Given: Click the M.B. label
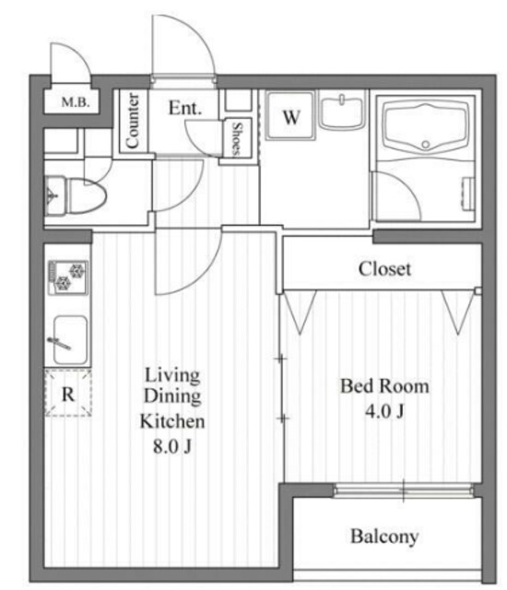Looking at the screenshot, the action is point(76,101).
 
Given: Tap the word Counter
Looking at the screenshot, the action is point(133,121).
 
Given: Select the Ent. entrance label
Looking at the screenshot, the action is point(184,108).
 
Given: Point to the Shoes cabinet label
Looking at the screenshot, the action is point(237,139).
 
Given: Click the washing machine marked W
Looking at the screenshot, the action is point(290,115).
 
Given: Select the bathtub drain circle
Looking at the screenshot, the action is point(425,144).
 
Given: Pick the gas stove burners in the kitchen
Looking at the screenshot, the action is point(68,277).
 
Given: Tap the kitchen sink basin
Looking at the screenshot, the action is point(70,340).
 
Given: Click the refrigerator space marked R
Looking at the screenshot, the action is point(68,394).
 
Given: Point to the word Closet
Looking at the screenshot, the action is point(384,269).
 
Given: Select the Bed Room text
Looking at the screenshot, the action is point(384,386).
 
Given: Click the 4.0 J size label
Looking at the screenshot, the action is point(384,411).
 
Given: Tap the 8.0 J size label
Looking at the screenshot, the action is point(172,446).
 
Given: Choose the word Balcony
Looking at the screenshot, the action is point(384,537).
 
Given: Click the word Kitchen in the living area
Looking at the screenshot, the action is point(172,421).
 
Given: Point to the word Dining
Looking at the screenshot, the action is point(172,396).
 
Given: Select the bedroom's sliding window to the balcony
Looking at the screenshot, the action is point(403,490).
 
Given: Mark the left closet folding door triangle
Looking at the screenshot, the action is point(300,312).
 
